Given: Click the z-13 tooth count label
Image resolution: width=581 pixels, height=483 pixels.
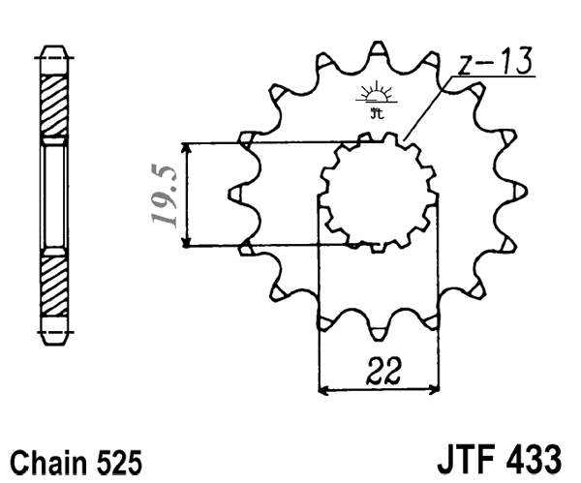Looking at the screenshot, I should [x=493, y=65].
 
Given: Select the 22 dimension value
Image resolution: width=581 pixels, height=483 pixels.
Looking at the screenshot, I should [x=379, y=369].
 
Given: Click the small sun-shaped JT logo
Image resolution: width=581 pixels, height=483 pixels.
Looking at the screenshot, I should [x=375, y=99].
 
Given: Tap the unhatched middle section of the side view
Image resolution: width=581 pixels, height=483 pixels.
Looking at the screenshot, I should [x=55, y=194].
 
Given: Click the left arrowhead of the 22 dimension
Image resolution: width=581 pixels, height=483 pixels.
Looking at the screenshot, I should [x=323, y=392].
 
